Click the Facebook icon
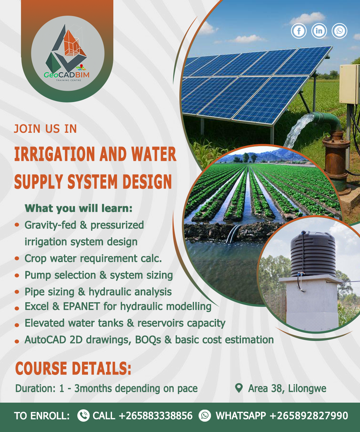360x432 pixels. click(x=299, y=31)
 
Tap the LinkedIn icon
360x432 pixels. click(x=319, y=31)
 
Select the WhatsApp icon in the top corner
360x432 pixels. click(x=339, y=31)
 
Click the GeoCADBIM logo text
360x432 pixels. click(x=67, y=74)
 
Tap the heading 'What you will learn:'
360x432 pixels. click(x=78, y=208)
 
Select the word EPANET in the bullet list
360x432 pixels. click(x=81, y=306)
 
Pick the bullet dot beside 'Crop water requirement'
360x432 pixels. click(x=17, y=259)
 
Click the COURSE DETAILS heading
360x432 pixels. click(x=73, y=368)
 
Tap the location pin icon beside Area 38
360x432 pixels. click(x=239, y=388)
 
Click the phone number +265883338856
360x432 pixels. click(x=156, y=416)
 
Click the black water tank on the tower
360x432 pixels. click(x=313, y=254)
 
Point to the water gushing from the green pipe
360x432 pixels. click(x=298, y=130)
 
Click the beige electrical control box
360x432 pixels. click(x=349, y=84)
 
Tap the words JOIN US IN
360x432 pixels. click(x=45, y=129)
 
